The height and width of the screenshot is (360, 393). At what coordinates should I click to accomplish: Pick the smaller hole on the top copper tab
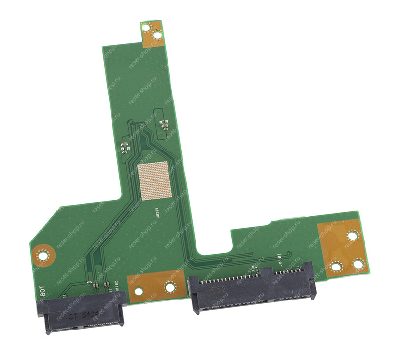tap(146, 28)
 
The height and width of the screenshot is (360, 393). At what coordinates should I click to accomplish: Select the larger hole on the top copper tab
tap(157, 35)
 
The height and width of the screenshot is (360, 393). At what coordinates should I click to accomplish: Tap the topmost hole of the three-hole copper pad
tap(352, 236)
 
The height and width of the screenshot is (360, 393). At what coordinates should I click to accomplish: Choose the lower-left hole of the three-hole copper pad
tap(336, 268)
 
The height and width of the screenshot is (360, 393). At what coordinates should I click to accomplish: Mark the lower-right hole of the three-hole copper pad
tap(358, 264)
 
